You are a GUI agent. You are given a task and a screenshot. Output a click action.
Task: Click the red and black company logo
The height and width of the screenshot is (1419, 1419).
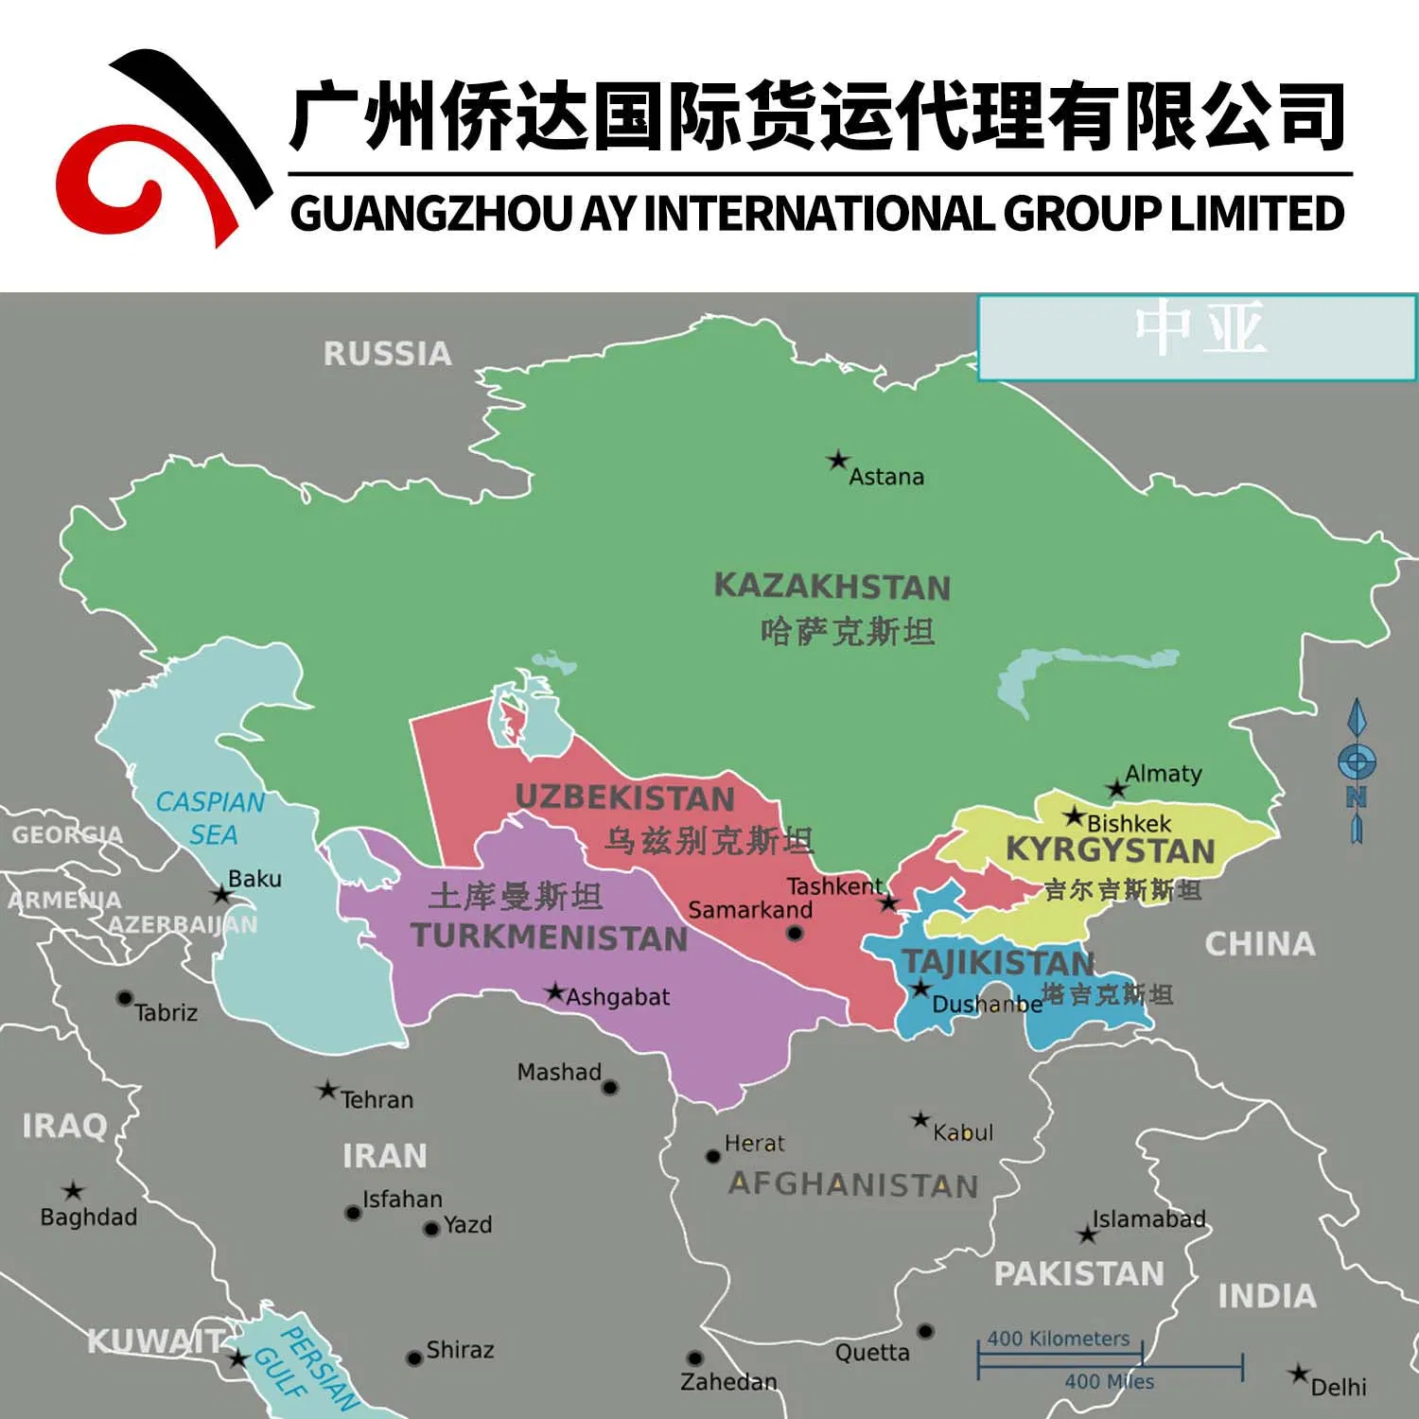click(161, 151)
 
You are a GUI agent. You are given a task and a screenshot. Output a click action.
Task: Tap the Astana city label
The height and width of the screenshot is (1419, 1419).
click(885, 477)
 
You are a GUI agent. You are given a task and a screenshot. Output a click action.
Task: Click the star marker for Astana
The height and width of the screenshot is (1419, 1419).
click(837, 461)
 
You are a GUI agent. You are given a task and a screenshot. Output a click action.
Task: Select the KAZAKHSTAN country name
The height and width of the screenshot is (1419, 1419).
click(832, 587)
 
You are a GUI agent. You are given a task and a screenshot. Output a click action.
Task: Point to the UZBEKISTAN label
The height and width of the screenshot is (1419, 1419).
click(624, 798)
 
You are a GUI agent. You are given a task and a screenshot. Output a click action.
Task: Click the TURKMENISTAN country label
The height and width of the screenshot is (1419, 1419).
click(550, 937)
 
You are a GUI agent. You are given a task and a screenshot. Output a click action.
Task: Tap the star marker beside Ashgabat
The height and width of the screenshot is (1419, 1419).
click(555, 992)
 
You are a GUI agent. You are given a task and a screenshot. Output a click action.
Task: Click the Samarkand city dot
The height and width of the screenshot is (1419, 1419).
click(795, 934)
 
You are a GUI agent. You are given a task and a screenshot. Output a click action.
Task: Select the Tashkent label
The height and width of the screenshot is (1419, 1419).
click(833, 886)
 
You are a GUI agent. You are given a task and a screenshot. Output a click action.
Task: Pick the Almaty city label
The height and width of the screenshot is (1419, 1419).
click(1164, 774)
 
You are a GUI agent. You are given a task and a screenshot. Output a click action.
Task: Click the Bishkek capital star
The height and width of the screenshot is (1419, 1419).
click(1074, 815)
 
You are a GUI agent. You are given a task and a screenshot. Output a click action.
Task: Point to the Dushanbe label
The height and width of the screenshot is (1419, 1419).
click(987, 1005)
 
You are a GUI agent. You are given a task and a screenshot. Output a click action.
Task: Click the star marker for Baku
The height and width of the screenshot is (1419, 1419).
click(221, 894)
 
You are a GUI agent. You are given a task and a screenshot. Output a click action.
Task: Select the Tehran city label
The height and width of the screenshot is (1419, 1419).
click(377, 1100)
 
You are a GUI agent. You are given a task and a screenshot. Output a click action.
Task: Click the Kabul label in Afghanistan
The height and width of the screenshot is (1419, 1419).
click(963, 1132)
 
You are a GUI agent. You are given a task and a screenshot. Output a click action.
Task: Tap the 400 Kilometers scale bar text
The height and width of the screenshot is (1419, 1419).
click(1059, 1339)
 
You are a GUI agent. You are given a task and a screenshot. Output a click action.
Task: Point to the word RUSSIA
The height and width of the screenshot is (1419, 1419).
click(387, 354)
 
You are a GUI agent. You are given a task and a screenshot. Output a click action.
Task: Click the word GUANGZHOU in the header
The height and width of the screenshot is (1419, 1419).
click(431, 213)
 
